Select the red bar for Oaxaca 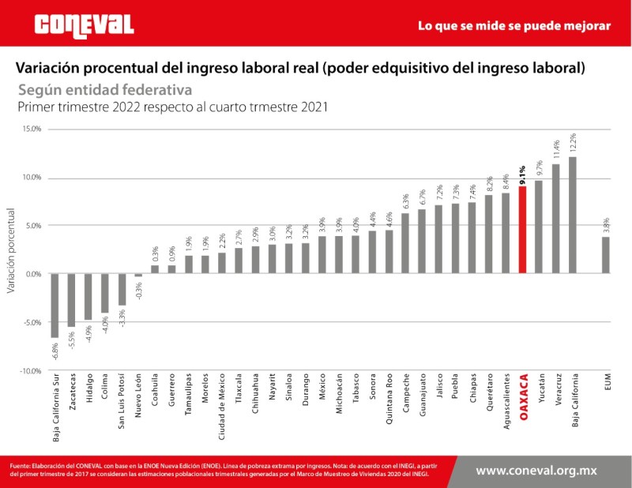[x=522, y=230]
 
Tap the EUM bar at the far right [x=606, y=255]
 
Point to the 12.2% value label [x=573, y=143]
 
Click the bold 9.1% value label [x=522, y=173]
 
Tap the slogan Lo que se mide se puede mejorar [x=513, y=26]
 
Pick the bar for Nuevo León [x=139, y=276]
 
